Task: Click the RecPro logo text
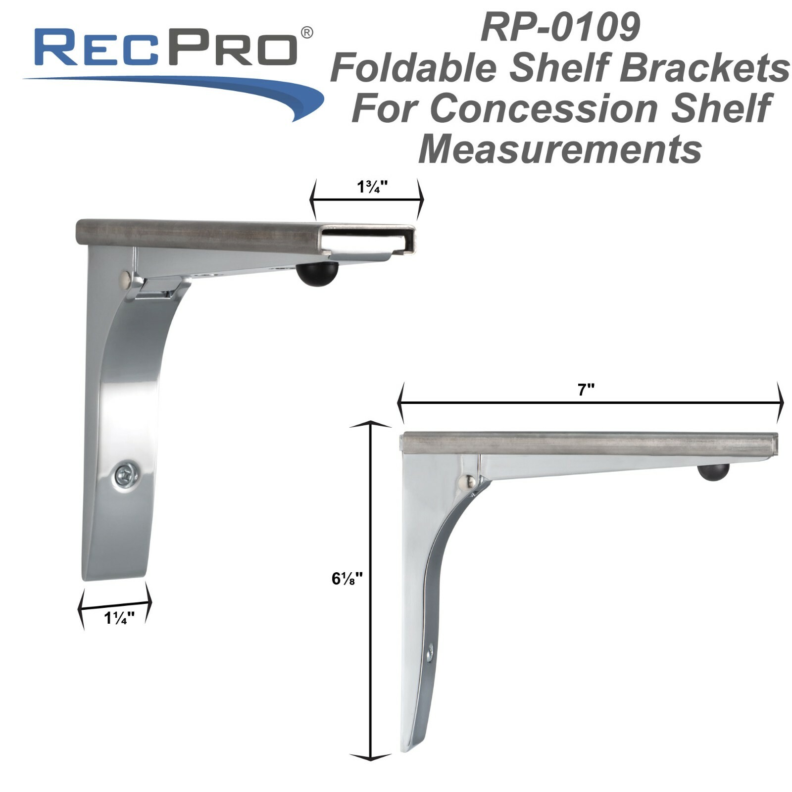166,48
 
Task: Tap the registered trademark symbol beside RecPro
307,33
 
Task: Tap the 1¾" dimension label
372,187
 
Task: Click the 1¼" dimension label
119,618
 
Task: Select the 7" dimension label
586,390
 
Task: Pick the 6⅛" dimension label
347,578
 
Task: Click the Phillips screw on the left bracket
126,476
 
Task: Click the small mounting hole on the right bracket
430,653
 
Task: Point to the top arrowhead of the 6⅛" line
370,425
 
